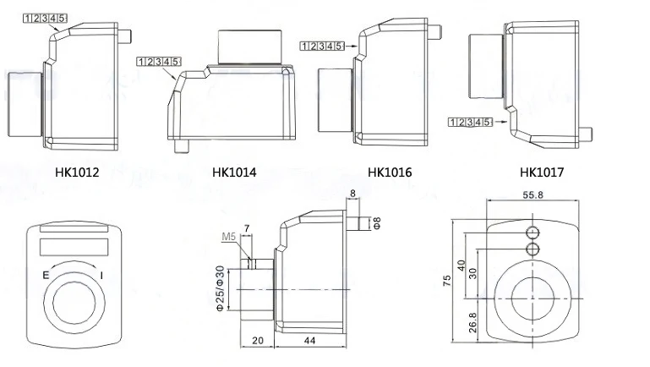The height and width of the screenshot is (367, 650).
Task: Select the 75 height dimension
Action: (x=446, y=282)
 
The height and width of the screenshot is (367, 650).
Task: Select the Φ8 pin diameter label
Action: (x=376, y=224)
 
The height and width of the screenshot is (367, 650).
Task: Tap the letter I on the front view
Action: (x=102, y=276)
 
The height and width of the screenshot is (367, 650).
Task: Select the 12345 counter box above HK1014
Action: (x=158, y=61)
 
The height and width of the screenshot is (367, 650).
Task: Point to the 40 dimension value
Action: (x=462, y=265)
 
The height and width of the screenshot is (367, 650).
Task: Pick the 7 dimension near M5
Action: (x=246, y=228)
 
